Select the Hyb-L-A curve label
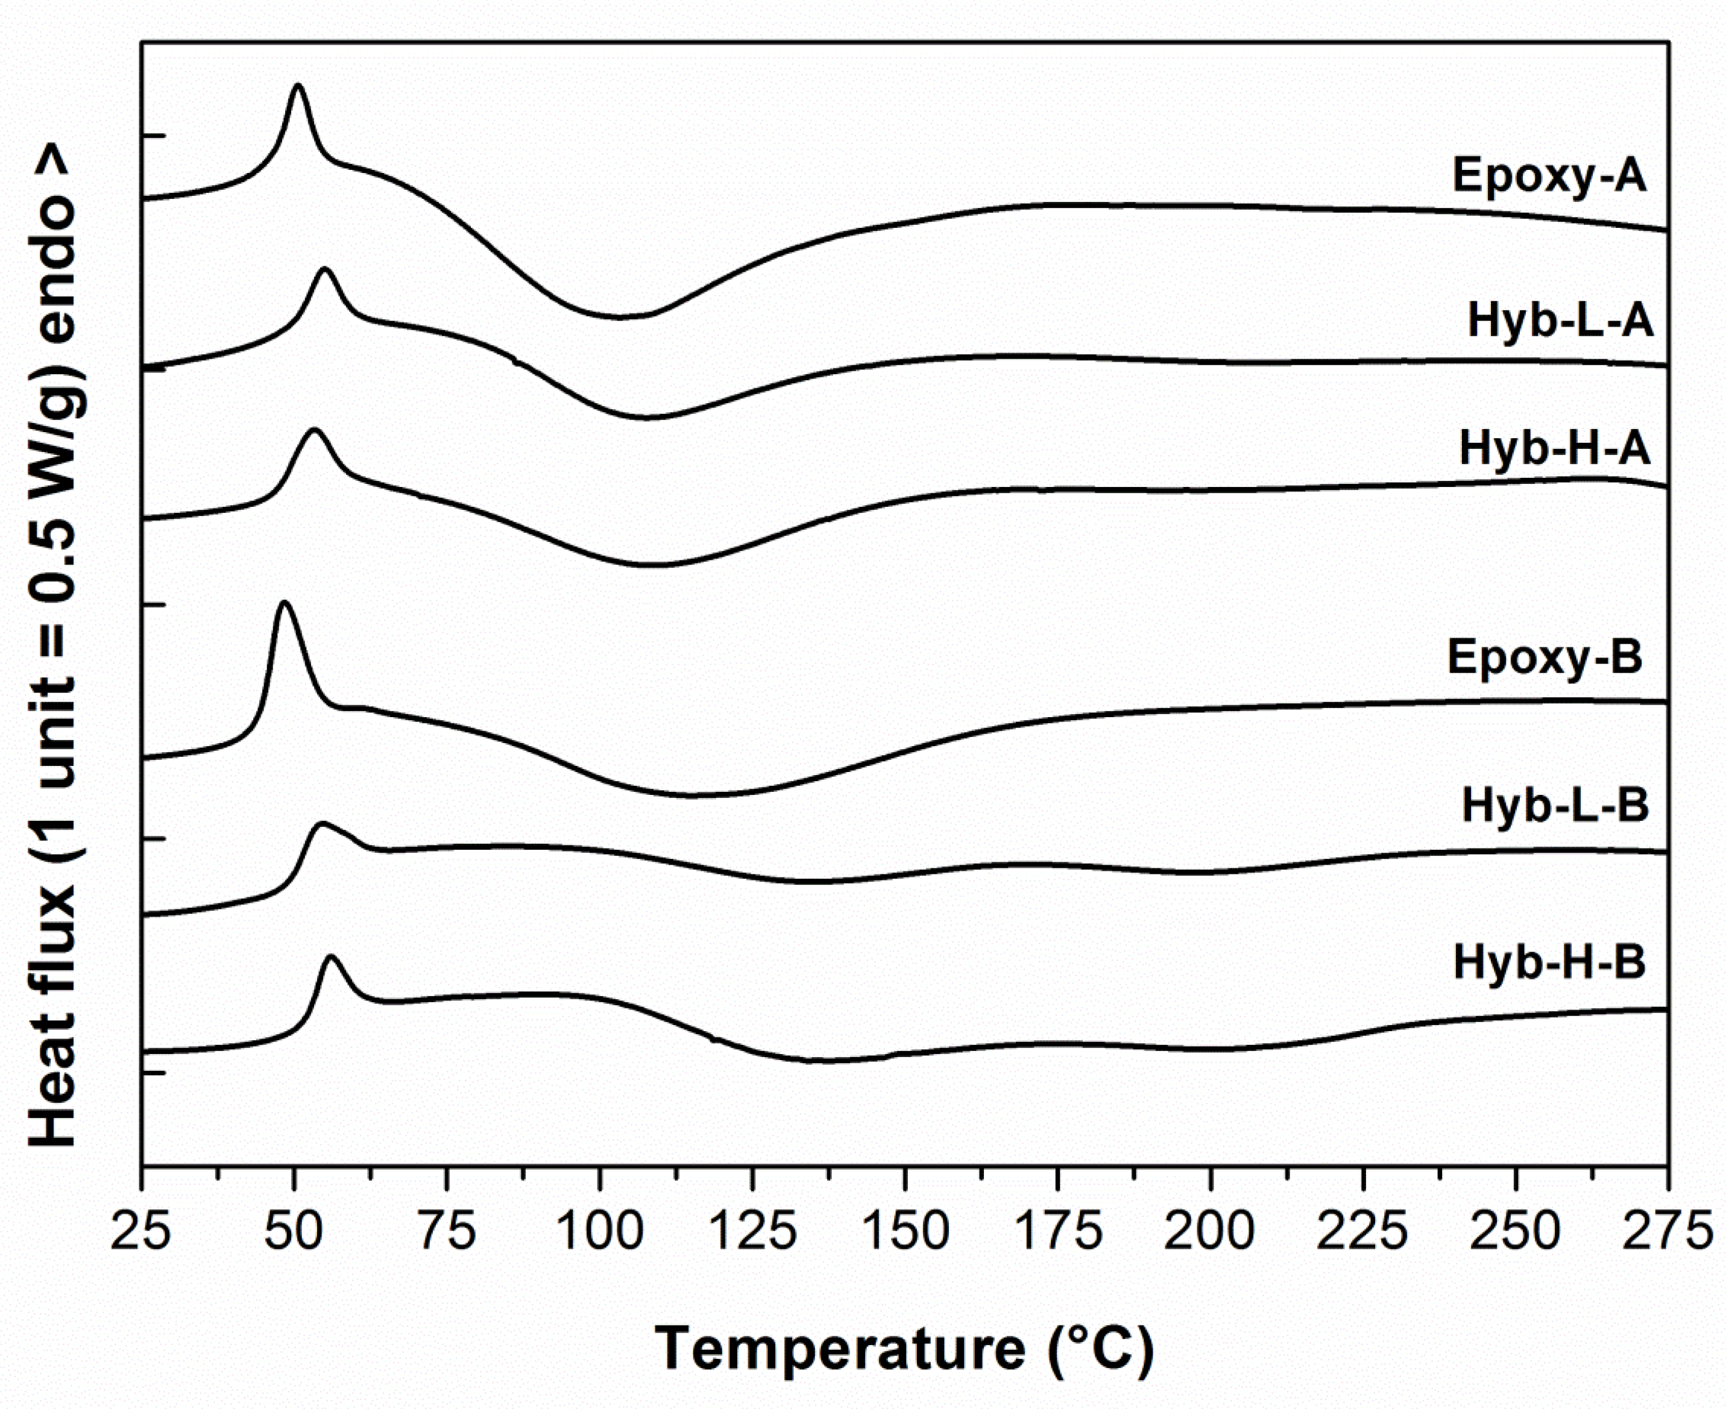tap(1559, 321)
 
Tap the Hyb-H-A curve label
tap(1555, 450)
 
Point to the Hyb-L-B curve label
tap(1555, 807)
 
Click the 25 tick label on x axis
tap(142, 1232)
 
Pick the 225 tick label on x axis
tap(1363, 1232)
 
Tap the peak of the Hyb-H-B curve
tap(330, 957)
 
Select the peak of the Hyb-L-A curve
tap(325, 269)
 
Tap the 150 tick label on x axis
tap(906, 1232)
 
